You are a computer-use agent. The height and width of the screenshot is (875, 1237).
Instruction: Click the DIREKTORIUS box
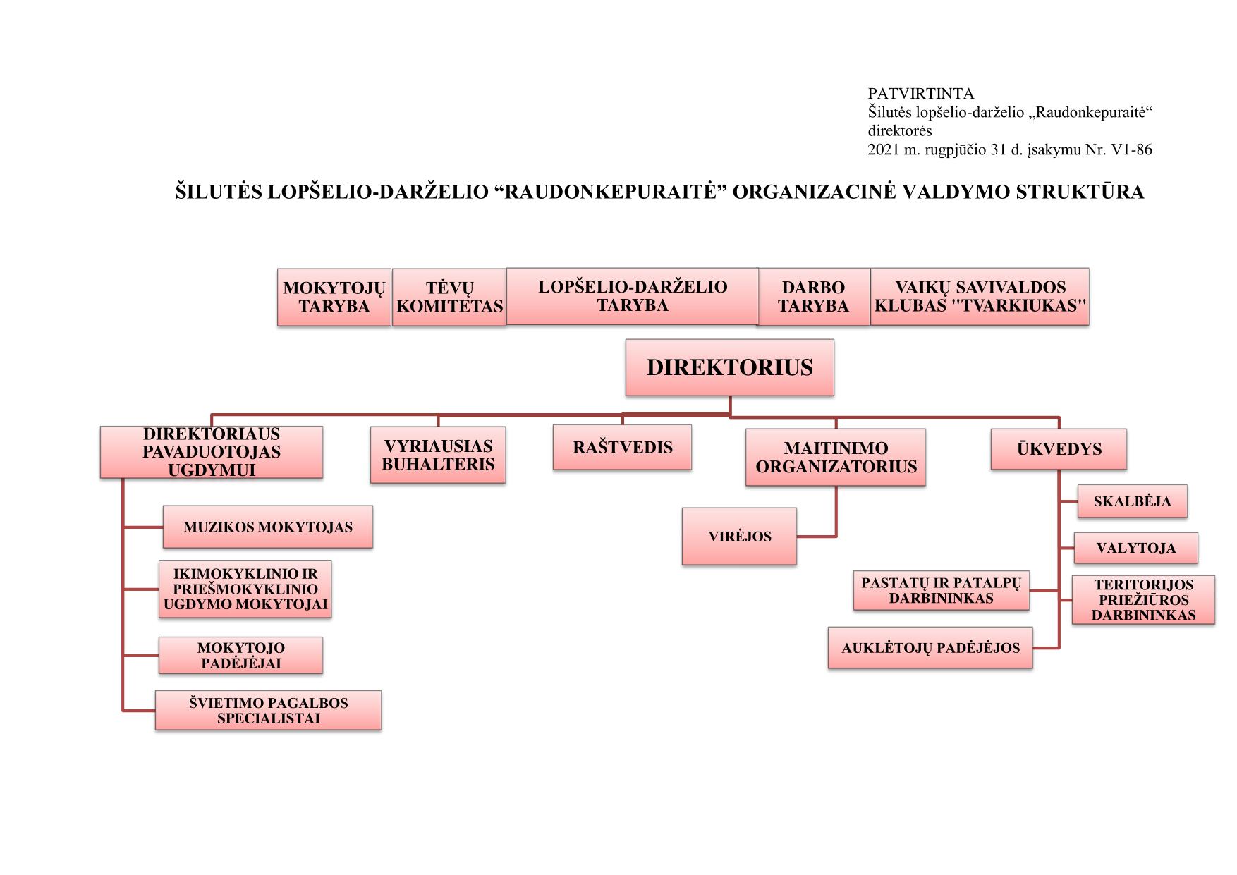click(x=729, y=367)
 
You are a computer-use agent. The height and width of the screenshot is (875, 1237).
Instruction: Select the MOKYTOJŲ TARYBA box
click(x=334, y=297)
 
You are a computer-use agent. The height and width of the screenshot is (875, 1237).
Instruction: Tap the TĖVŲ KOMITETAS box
click(x=449, y=297)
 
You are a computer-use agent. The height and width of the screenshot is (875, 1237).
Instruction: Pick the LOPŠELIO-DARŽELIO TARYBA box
click(x=633, y=296)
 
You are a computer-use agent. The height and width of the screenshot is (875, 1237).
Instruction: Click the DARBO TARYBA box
click(x=813, y=297)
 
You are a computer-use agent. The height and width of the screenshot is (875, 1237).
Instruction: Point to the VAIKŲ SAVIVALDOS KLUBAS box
click(x=980, y=296)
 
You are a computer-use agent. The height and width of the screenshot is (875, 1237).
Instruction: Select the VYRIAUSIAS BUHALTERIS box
click(x=438, y=455)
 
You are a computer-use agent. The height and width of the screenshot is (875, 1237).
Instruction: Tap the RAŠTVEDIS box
click(x=622, y=447)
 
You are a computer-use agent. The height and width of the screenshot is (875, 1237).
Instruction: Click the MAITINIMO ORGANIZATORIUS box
click(x=836, y=458)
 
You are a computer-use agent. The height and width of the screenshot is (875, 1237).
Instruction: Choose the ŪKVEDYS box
click(x=1059, y=449)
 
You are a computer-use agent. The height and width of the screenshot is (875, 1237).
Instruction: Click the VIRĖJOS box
click(x=739, y=536)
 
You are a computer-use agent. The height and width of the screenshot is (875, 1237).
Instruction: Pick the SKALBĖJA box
click(x=1132, y=501)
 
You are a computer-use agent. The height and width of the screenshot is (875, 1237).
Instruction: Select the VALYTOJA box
click(x=1135, y=548)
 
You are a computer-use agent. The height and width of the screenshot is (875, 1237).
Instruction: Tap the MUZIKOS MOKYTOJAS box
click(x=267, y=527)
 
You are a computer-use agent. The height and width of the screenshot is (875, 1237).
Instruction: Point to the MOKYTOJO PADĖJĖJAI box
click(x=240, y=655)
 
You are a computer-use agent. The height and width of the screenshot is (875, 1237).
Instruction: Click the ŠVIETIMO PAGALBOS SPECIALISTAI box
click(x=268, y=710)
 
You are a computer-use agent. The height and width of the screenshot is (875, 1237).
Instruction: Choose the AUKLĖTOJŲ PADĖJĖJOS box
click(x=930, y=647)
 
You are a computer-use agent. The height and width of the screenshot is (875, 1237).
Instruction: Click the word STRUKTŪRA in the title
click(x=1080, y=192)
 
